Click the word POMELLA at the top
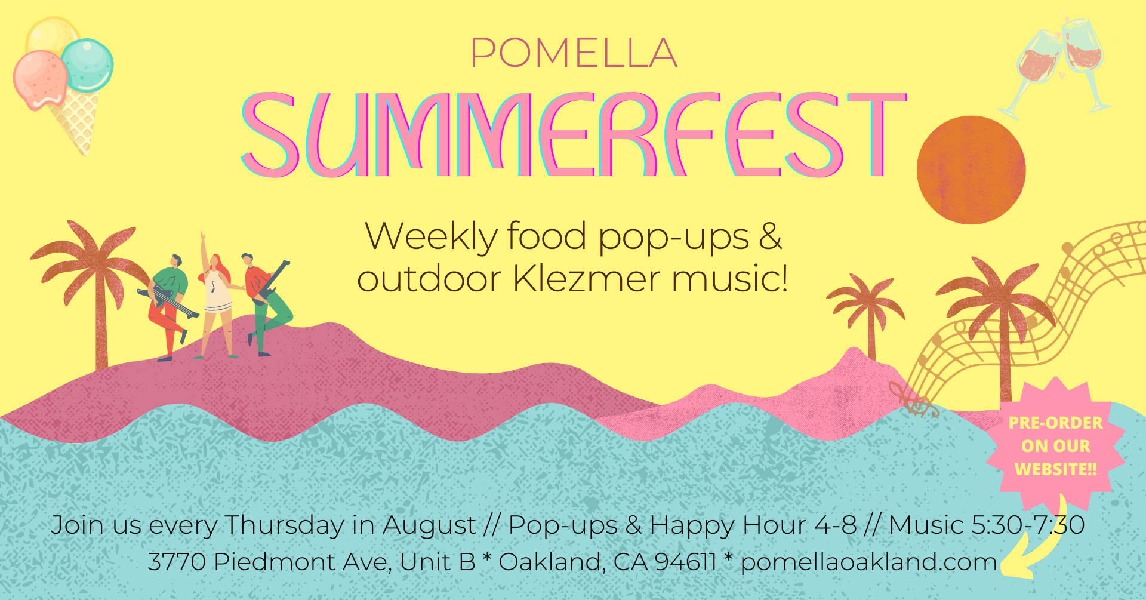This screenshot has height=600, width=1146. pos(574,53)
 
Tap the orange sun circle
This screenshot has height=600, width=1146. pos(971,170)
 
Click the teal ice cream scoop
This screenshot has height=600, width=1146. pos(88,65)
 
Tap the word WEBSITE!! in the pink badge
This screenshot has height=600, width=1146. pos(1056,470)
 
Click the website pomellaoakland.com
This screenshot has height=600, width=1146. pos(869,562)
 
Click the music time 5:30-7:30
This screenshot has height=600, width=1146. pos(1028,525)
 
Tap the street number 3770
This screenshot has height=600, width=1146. pos(177,562)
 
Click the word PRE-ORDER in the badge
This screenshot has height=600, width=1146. pos(1056,423)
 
